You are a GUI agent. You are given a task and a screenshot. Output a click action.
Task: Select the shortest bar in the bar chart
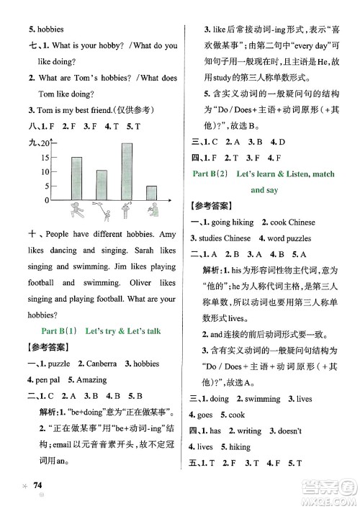151,193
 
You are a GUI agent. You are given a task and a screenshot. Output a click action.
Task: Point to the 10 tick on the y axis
45,171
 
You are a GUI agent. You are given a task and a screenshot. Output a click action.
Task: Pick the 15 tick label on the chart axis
45,158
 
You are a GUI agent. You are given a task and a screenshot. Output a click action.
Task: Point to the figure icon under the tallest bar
127,210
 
